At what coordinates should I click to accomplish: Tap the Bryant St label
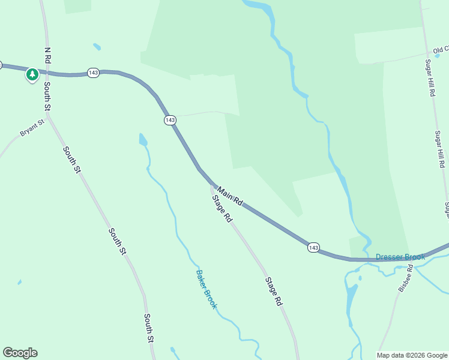point(32,128)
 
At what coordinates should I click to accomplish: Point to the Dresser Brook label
point(400,257)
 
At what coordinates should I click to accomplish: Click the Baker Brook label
point(206,289)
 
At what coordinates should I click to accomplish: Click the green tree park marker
point(32,75)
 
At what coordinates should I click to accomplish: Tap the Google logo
point(20,353)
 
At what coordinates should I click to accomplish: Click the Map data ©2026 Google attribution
point(412,355)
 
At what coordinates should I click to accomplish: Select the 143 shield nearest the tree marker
point(92,72)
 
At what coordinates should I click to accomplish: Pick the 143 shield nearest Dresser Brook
point(313,247)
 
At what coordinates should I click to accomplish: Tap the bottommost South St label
point(149,328)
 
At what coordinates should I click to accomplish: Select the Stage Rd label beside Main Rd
point(221,209)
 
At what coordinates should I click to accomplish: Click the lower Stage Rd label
point(274,292)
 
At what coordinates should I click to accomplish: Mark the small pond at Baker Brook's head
point(143,140)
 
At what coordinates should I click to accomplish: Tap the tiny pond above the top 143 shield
point(97,46)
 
